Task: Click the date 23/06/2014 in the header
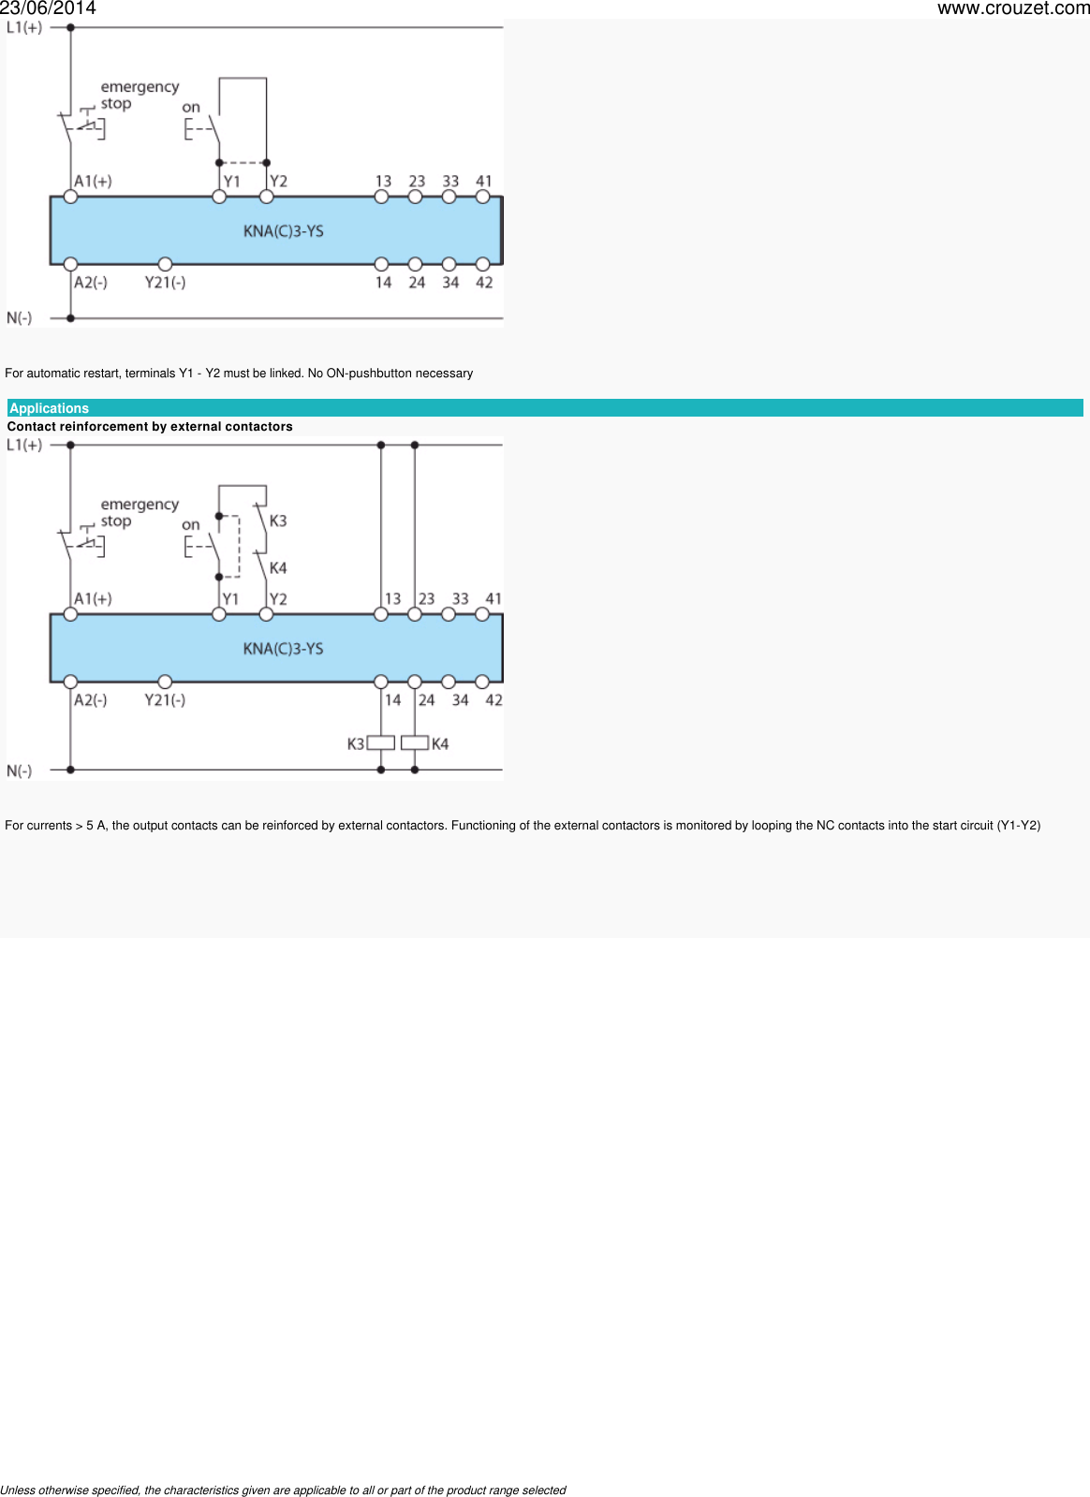point(48,8)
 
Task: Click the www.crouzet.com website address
point(1013,8)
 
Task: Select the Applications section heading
point(49,408)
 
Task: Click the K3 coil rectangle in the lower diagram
point(381,742)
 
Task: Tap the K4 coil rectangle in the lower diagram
point(414,742)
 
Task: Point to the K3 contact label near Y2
point(278,521)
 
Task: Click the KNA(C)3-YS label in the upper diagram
point(284,231)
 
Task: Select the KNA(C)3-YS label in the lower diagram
point(284,649)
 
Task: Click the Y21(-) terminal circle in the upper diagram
point(165,264)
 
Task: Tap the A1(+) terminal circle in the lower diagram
point(70,614)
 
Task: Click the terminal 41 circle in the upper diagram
point(482,197)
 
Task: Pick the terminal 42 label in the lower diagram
point(493,699)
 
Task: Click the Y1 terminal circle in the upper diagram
point(219,197)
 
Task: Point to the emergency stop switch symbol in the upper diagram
point(81,125)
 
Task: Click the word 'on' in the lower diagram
point(190,525)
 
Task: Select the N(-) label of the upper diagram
point(20,318)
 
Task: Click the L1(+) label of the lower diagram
point(24,445)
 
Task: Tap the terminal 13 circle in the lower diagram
point(381,614)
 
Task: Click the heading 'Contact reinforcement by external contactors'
point(150,426)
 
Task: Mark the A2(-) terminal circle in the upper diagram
point(70,264)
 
